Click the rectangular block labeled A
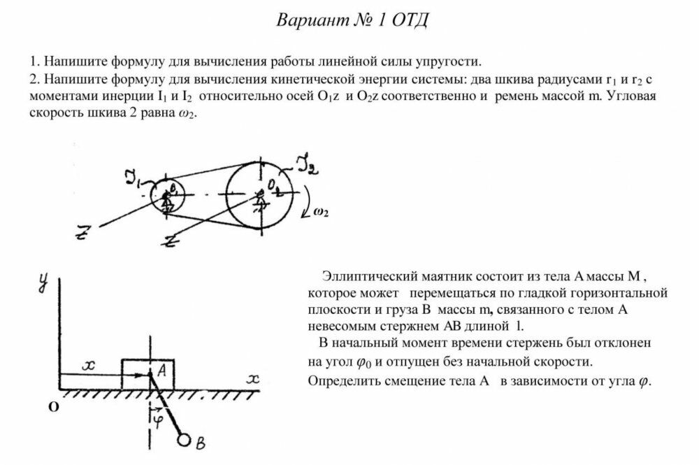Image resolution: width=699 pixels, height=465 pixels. pos(148,374)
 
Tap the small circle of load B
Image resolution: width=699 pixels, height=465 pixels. pos(185,441)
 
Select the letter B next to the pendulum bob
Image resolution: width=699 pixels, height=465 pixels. pos(200,443)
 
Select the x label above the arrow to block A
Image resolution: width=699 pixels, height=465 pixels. pos(87,365)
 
